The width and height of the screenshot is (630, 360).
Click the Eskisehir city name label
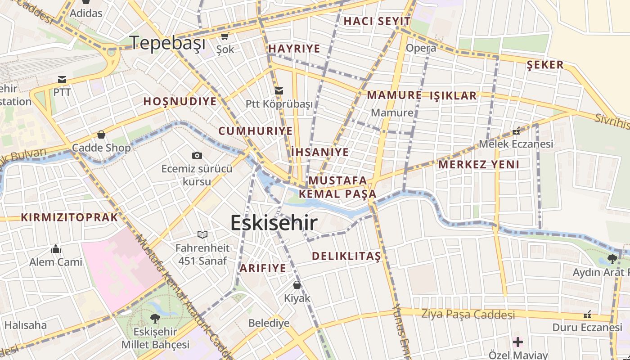click(274, 223)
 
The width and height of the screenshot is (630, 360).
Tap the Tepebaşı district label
click(168, 43)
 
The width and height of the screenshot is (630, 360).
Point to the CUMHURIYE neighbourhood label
click(255, 131)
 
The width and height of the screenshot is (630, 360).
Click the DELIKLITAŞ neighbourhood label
click(346, 256)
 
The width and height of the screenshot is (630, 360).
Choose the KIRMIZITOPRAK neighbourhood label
click(69, 218)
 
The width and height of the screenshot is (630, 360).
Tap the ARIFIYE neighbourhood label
click(262, 268)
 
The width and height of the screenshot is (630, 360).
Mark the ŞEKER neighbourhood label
click(545, 65)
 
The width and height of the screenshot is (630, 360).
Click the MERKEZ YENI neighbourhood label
click(478, 164)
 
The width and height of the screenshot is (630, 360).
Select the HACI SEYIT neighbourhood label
click(377, 21)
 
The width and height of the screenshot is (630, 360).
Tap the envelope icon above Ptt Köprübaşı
click(279, 91)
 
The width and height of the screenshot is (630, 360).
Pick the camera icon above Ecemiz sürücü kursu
click(197, 155)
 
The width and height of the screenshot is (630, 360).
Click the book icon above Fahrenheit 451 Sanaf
click(202, 234)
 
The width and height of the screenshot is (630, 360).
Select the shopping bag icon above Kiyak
click(297, 285)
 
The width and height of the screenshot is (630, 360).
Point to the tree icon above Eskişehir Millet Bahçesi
click(155, 318)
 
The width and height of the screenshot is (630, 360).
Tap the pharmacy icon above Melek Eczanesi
click(516, 131)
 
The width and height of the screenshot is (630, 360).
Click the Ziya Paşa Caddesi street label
click(468, 314)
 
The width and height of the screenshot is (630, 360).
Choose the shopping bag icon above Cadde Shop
click(101, 135)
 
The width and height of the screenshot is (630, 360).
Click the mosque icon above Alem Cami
click(56, 249)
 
